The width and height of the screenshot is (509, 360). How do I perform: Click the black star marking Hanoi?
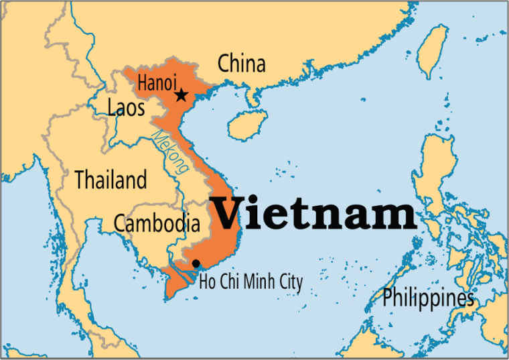click(181, 96)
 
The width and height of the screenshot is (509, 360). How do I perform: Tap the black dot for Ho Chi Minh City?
click(196, 263)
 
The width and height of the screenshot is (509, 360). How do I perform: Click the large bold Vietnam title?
click(313, 214)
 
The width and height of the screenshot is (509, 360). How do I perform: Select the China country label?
click(242, 64)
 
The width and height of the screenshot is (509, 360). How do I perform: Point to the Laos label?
click(126, 107)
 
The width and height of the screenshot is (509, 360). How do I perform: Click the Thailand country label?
click(111, 180)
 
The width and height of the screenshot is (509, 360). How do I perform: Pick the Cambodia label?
click(157, 223)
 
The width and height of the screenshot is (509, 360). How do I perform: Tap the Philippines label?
click(429, 298)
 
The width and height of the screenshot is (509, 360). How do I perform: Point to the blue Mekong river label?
click(170, 152)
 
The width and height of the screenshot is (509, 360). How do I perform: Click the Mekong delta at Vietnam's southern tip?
click(177, 282)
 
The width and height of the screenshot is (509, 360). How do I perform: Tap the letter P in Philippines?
click(388, 297)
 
